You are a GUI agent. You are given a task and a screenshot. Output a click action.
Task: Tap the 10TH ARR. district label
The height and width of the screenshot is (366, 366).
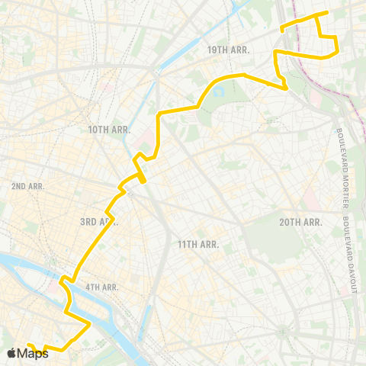(x=110, y=130)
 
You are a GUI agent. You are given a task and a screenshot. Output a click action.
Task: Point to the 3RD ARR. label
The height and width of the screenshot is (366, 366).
(x=98, y=221)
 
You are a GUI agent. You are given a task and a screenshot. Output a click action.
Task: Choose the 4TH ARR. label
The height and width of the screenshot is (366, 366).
(x=101, y=287)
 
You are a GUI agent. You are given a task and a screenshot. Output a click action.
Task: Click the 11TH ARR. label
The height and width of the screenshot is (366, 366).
(x=198, y=244)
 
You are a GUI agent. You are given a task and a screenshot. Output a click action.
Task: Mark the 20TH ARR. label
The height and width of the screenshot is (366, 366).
(x=300, y=222)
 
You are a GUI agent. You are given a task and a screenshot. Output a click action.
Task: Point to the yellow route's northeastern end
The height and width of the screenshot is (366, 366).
(x=326, y=13)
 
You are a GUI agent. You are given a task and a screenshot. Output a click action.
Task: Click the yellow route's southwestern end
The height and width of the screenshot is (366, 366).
(x=27, y=344)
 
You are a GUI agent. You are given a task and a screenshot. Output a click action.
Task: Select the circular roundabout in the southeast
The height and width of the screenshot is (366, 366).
(x=284, y=330)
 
